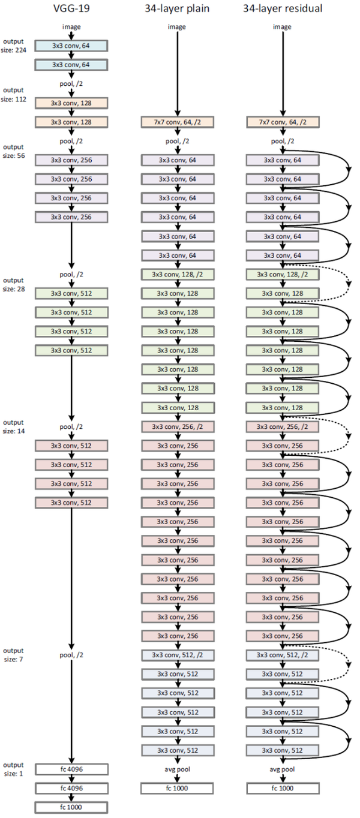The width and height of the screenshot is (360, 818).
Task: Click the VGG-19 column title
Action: [x=71, y=8]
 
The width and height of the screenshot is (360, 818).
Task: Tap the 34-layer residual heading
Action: [x=281, y=8]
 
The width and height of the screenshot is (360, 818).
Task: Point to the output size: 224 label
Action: [x=14, y=45]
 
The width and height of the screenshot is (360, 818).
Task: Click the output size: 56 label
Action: [x=14, y=151]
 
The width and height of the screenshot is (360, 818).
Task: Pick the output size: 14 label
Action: [x=14, y=426]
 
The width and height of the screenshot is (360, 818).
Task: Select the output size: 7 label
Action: [x=14, y=654]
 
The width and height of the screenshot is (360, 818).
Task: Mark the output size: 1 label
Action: [x=14, y=769]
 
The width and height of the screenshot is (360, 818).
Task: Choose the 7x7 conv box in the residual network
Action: [x=281, y=122]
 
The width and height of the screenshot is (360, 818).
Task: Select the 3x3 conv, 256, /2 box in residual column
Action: [x=281, y=426]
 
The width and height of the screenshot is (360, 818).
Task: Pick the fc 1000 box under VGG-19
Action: [x=71, y=807]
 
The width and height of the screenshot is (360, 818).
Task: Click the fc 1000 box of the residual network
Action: [x=281, y=788]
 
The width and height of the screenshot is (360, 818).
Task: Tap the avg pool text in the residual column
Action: [x=281, y=769]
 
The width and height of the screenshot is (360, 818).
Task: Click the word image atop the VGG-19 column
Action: [x=71, y=26]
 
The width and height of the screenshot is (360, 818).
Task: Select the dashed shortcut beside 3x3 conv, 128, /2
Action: [x=349, y=284]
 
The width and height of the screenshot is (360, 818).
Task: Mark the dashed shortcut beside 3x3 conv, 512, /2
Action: [x=349, y=664]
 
